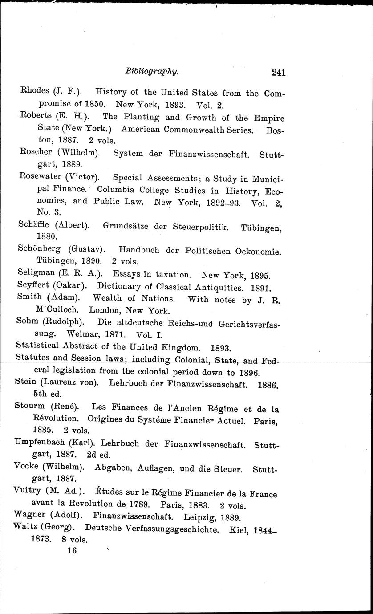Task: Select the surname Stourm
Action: click(x=32, y=407)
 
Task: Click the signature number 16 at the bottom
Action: click(x=71, y=551)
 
